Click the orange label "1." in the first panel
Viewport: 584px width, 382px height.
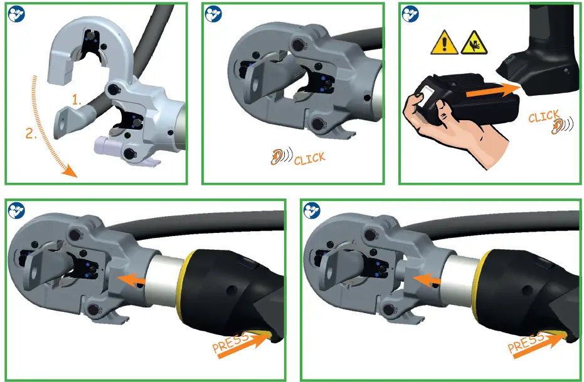click(x=76, y=100)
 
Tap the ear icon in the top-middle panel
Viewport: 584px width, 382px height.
click(x=277, y=157)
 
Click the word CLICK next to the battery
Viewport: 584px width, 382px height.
click(x=543, y=116)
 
